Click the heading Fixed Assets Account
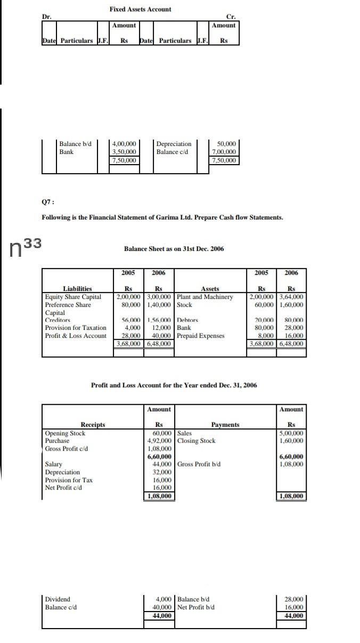click(140, 9)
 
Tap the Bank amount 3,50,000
click(124, 152)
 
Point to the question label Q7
click(48, 202)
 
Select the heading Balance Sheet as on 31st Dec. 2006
click(174, 249)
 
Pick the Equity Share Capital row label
click(73, 297)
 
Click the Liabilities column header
click(77, 289)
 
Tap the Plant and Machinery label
click(205, 297)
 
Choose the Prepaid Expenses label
click(201, 336)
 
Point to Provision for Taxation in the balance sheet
click(76, 328)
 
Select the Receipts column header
click(93, 425)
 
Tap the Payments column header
click(225, 425)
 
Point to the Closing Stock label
click(197, 441)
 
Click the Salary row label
click(53, 464)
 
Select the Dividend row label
click(58, 599)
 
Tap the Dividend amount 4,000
click(165, 599)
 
